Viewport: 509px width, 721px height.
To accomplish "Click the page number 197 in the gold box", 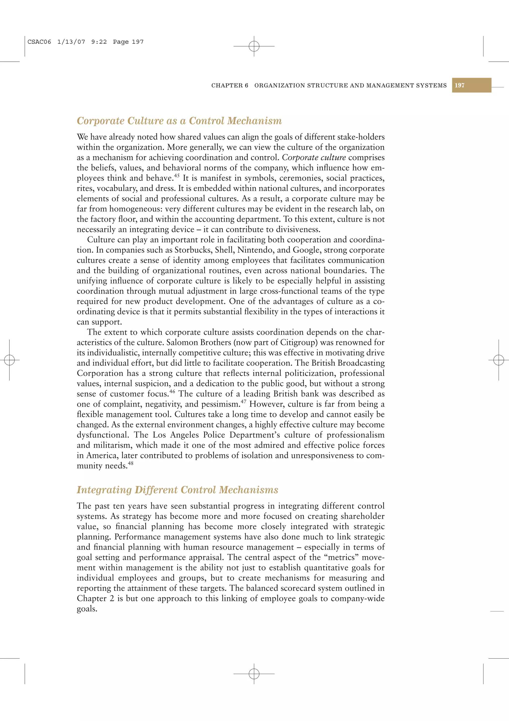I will [460, 85].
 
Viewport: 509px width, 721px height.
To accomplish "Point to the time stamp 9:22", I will [99, 42].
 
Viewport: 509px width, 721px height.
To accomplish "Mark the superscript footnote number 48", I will [130, 463].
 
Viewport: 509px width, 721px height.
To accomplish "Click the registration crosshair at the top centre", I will [254, 46].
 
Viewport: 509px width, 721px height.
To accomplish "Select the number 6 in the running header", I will [247, 85].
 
